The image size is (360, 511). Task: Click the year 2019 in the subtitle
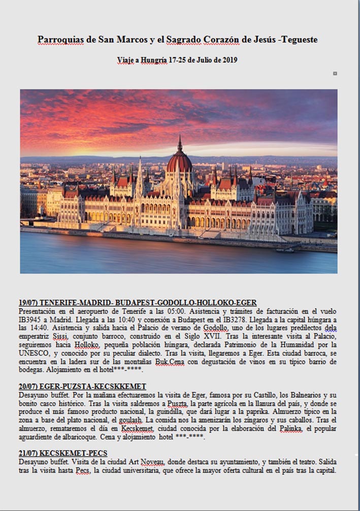pyautogui.click(x=228, y=60)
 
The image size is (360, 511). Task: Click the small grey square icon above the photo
pyautogui.click(x=335, y=74)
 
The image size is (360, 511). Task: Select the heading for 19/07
pyautogui.click(x=138, y=303)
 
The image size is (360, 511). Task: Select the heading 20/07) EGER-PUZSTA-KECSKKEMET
pyautogui.click(x=82, y=387)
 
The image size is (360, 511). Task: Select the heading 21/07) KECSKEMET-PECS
pyautogui.click(x=63, y=453)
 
